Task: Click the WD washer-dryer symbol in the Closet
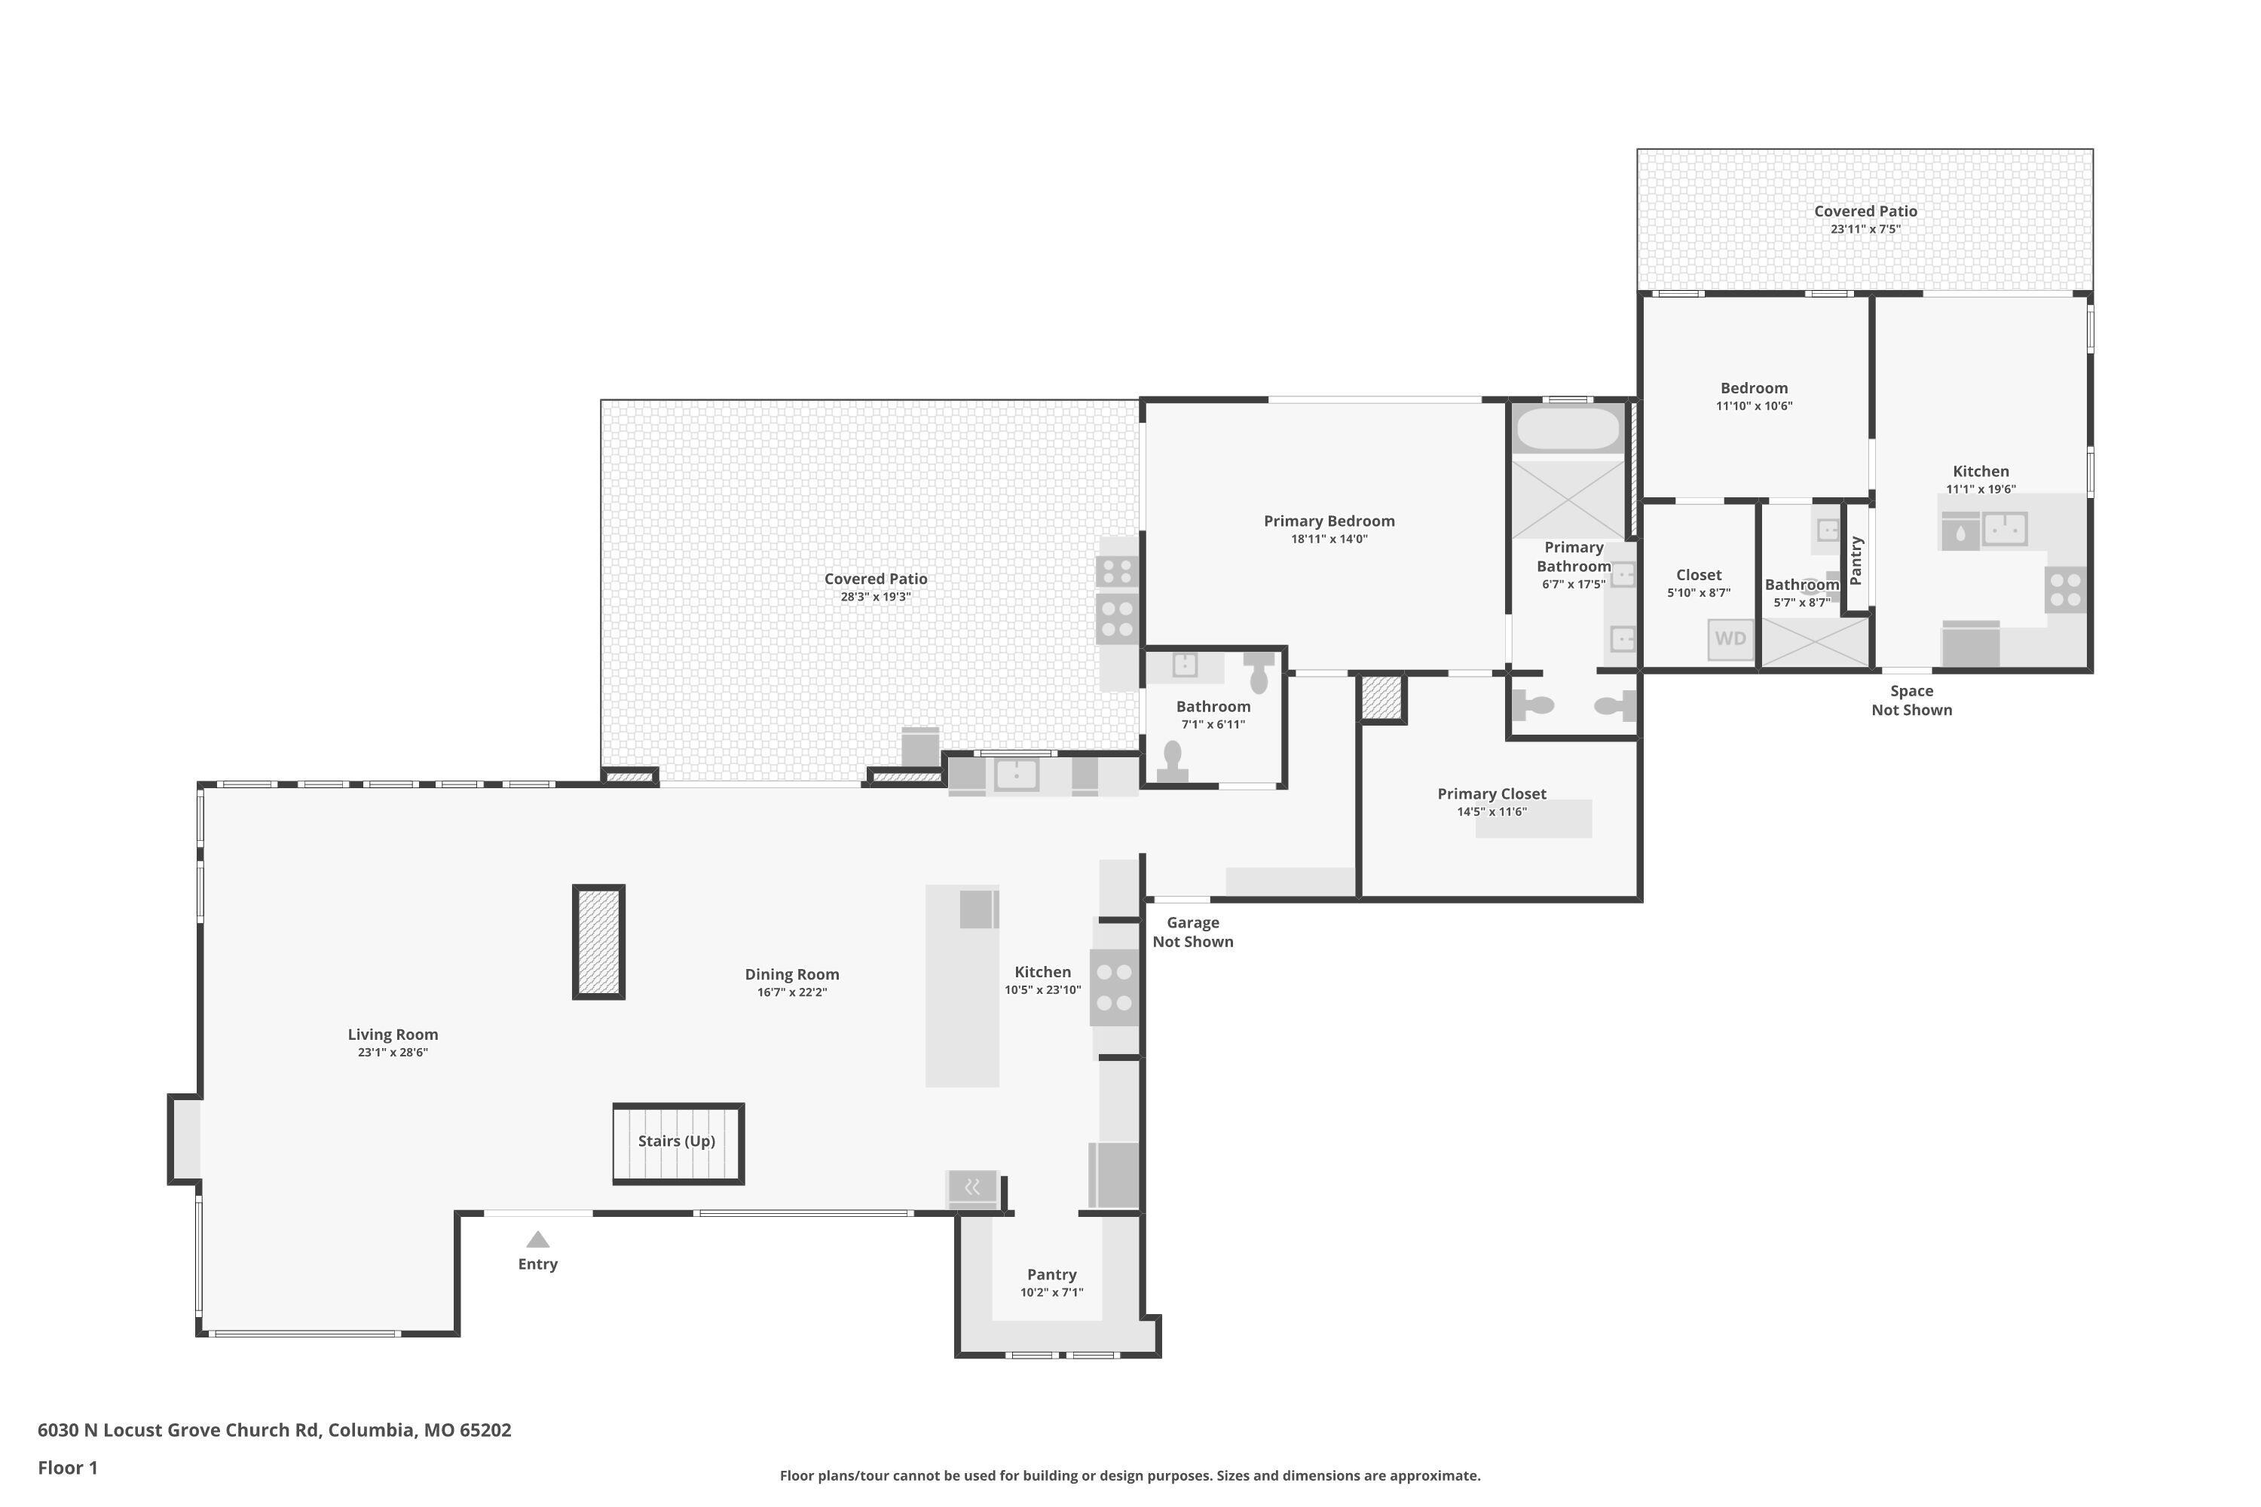click(1730, 639)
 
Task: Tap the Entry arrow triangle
click(537, 1239)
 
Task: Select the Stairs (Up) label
click(677, 1141)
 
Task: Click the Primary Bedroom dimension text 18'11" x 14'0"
click(1329, 540)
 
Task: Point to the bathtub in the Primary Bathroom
click(1568, 429)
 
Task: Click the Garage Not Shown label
click(1193, 932)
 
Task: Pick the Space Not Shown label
click(1911, 701)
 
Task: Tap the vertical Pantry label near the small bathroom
click(1856, 561)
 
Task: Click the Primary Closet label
click(1492, 794)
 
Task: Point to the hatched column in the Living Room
click(599, 942)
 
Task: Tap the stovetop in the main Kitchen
click(1114, 988)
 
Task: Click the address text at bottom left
click(275, 1429)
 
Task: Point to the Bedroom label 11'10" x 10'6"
click(1755, 396)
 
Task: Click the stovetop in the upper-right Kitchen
click(2066, 590)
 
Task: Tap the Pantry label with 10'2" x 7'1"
click(1051, 1282)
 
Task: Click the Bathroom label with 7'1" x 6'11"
click(1213, 715)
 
